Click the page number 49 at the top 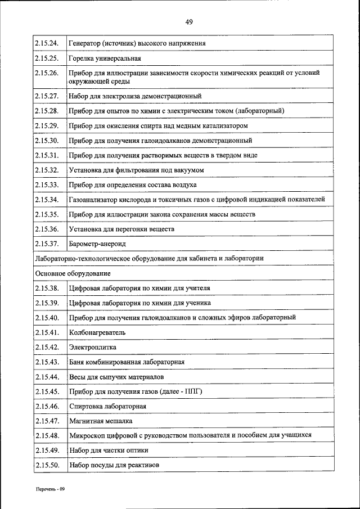(188, 22)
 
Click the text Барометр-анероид (97, 244)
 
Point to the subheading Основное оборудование (73, 273)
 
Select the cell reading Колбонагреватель (97, 332)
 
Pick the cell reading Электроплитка (92, 347)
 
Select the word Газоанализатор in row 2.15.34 (94, 200)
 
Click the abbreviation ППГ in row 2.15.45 (191, 391)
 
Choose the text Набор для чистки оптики (109, 450)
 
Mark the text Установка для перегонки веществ (121, 229)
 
